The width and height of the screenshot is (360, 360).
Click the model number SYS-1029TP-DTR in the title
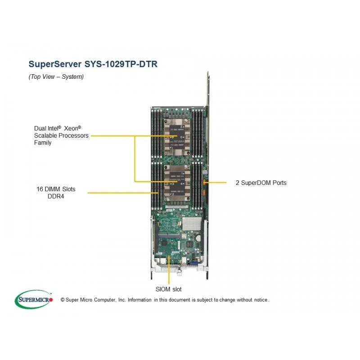[x=121, y=64]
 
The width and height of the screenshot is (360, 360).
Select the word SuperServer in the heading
[x=55, y=64]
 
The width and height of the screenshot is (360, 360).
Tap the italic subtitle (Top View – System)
[x=56, y=76]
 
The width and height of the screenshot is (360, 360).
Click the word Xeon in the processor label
[x=72, y=128]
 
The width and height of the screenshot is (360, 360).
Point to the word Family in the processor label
[x=43, y=143]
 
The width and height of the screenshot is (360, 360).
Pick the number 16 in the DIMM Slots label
[x=40, y=189]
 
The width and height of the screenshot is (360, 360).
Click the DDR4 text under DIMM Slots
[x=56, y=196]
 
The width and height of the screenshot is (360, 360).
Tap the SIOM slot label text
[x=168, y=289]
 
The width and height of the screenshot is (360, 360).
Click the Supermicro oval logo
[x=33, y=299]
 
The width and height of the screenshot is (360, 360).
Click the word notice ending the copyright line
[x=261, y=300]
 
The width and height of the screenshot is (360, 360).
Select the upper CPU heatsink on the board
[x=177, y=137]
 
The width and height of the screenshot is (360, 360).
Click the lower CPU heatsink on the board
[x=177, y=183]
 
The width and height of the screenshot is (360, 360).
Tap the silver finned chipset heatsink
[x=192, y=224]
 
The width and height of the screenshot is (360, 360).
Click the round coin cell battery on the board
[x=198, y=238]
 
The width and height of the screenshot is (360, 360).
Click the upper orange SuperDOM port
[x=204, y=182]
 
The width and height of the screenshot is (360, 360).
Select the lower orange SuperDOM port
[x=203, y=193]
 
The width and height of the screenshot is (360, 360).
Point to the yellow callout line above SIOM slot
[x=169, y=270]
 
